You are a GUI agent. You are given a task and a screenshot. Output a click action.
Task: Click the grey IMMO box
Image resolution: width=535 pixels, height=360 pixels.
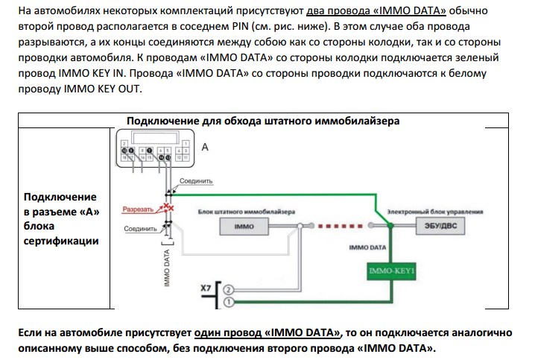(x=244, y=227)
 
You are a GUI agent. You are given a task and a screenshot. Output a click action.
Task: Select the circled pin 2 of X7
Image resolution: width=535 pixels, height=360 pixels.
(x=229, y=289)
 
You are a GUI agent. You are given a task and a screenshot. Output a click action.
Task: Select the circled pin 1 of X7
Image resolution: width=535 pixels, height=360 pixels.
(x=229, y=302)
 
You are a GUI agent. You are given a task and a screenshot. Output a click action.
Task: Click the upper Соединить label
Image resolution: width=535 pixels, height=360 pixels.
(x=197, y=180)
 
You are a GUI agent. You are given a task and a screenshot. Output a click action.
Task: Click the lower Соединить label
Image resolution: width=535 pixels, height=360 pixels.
(x=139, y=228)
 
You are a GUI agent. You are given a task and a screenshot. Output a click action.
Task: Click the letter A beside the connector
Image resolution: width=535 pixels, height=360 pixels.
(x=205, y=148)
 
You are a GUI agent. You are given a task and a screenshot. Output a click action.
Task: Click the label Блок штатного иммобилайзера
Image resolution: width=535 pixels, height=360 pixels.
(x=247, y=211)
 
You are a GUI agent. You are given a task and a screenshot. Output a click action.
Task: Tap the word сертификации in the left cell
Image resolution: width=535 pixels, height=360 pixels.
(x=61, y=241)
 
